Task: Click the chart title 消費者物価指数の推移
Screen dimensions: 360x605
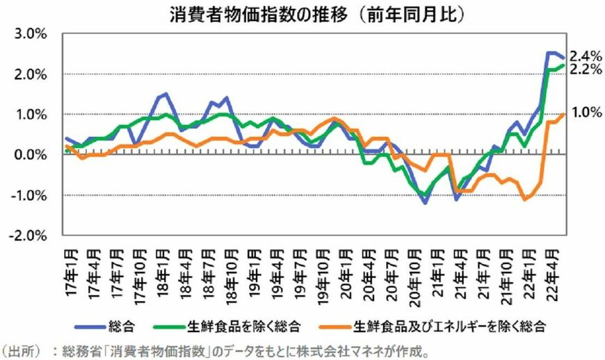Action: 257,15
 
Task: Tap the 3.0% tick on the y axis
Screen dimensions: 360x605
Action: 29,34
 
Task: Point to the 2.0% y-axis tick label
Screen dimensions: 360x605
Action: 29,74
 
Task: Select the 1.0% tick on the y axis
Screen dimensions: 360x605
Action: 29,115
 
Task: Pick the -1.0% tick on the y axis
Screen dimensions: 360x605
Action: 28,195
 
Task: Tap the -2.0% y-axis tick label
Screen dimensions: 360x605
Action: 28,236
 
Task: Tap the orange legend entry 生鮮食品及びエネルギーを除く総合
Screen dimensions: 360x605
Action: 431,325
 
